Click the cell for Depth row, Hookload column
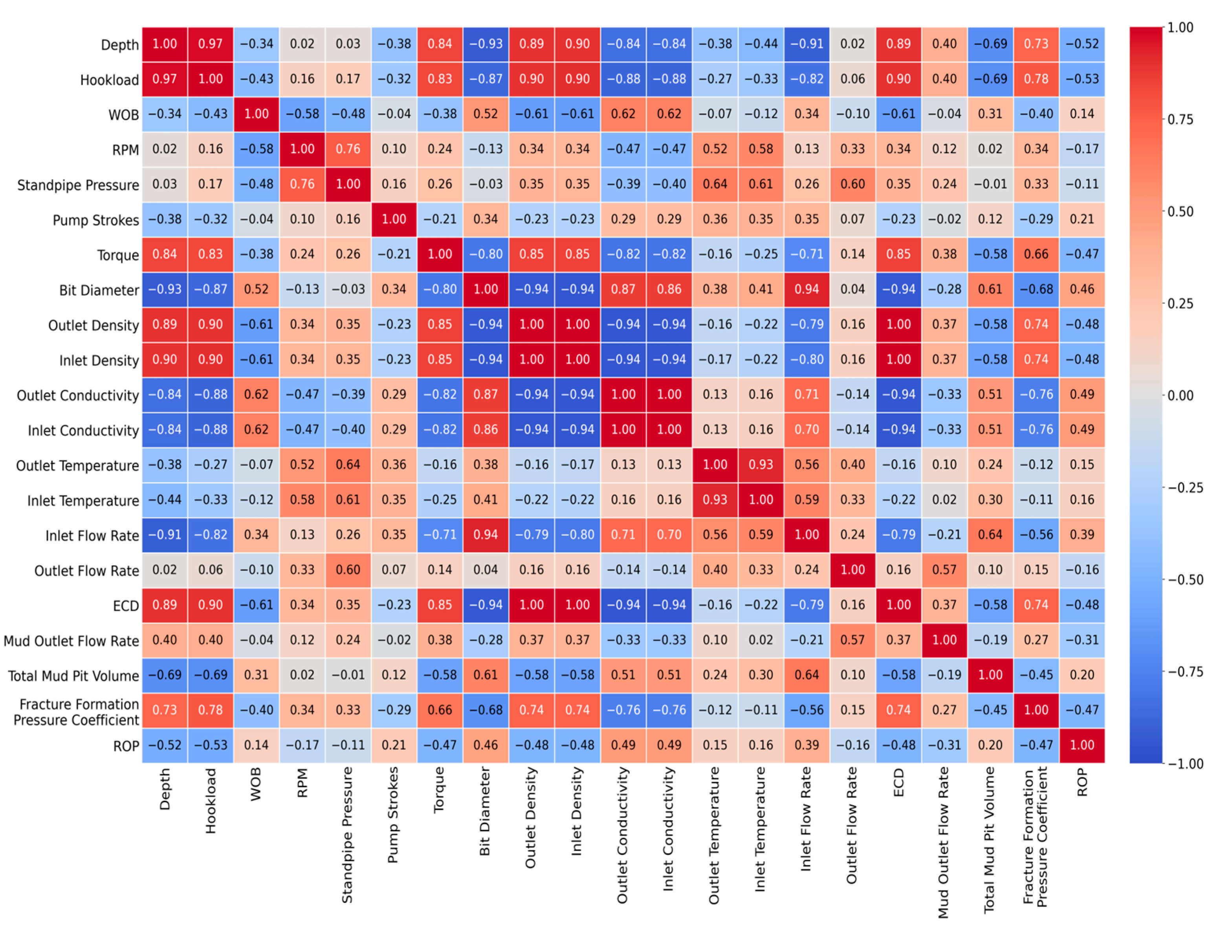click(x=210, y=44)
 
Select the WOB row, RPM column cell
click(x=302, y=114)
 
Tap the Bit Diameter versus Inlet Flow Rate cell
click(x=807, y=290)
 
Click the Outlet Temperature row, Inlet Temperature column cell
click(x=761, y=465)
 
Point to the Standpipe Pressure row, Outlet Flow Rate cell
click(x=852, y=184)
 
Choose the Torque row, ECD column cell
click(x=898, y=254)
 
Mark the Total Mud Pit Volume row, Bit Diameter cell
click(x=486, y=675)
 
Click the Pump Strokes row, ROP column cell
click(x=1082, y=219)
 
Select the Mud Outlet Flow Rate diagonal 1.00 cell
click(x=944, y=640)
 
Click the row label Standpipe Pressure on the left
click(x=78, y=185)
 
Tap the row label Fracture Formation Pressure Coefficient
click(x=77, y=712)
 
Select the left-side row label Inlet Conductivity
click(x=83, y=431)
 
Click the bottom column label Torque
click(x=439, y=789)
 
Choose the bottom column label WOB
click(x=255, y=783)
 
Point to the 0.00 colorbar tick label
click(x=1180, y=396)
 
